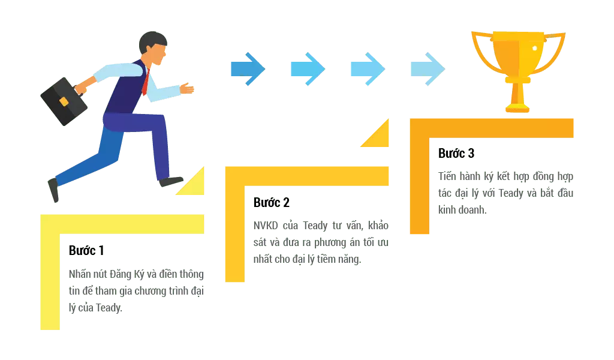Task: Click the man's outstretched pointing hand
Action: [x=188, y=88]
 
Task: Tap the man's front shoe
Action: [x=171, y=181]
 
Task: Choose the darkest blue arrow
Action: [x=246, y=69]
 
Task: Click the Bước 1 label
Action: [x=86, y=251]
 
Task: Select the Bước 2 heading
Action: [x=273, y=203]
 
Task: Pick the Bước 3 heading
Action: [x=456, y=152]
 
